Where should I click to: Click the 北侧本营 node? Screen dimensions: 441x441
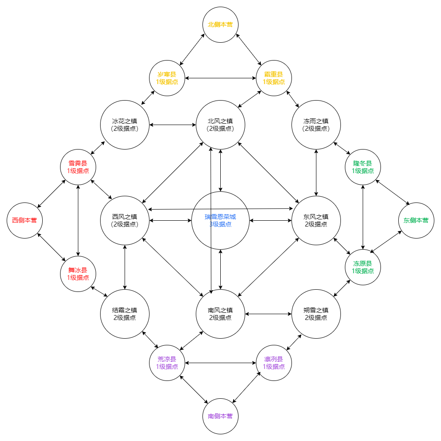click(x=220, y=24)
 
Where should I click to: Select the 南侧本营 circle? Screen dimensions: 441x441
click(x=220, y=416)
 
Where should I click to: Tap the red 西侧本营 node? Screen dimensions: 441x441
click(x=24, y=220)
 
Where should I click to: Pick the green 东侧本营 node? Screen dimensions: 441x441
click(x=416, y=220)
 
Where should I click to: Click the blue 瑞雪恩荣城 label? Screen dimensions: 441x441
click(x=220, y=217)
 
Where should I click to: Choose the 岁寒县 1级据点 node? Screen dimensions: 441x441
click(x=167, y=78)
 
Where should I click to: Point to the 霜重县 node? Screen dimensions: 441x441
click(x=274, y=78)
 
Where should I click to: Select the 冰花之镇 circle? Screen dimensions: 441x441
click(x=125, y=125)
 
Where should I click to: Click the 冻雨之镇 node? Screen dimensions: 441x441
click(x=316, y=125)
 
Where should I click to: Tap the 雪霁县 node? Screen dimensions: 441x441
click(x=78, y=167)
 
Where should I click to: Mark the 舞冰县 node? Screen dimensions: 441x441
click(x=78, y=274)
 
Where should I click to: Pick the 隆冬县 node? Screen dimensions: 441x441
click(x=363, y=167)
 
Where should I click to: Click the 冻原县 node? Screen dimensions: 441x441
click(x=363, y=267)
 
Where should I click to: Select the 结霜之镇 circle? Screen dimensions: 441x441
click(x=125, y=314)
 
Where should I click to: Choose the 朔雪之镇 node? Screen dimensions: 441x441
click(x=316, y=314)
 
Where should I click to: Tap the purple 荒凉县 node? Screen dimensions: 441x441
click(x=167, y=363)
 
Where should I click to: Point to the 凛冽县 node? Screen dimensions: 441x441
click(x=274, y=363)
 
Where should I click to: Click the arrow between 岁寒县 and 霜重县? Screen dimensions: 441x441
click(x=220, y=78)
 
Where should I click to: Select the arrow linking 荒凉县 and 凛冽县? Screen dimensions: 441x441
click(x=220, y=363)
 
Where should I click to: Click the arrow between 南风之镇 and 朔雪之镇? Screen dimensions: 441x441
click(x=268, y=314)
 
